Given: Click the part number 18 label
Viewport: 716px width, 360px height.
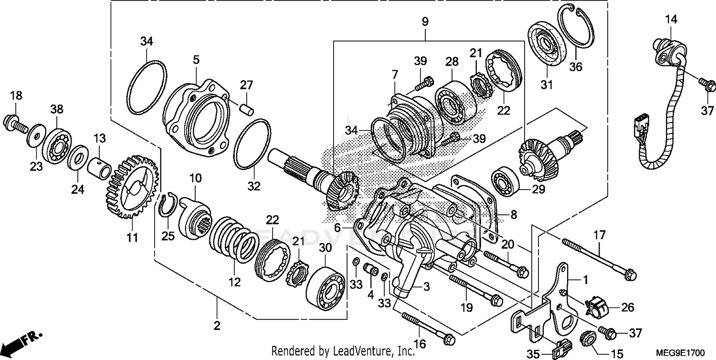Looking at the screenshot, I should tap(16, 95).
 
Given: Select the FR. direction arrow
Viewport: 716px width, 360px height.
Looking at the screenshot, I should tap(21, 340).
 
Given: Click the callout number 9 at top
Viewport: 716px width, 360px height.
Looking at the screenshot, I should tap(425, 21).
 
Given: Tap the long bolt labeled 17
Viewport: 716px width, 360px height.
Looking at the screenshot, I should tap(599, 258).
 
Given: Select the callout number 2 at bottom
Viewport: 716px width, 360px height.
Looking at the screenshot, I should tap(217, 326).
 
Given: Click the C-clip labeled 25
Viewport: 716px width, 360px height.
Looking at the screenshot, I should tap(168, 205).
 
